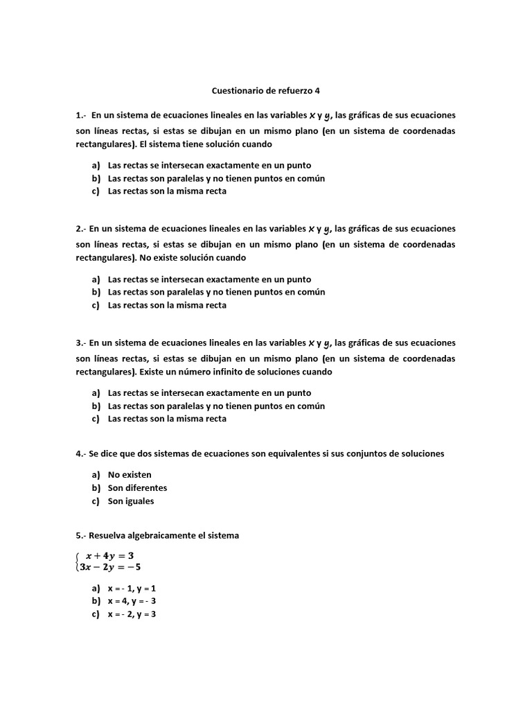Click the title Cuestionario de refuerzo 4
click(x=265, y=90)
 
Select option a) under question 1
click(x=209, y=165)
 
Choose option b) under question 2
click(x=216, y=292)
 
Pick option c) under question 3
click(x=167, y=419)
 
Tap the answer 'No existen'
click(x=130, y=475)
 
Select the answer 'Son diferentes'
click(x=137, y=488)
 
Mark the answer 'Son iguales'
click(x=131, y=501)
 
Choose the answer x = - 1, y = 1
click(x=132, y=588)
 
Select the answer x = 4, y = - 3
click(x=132, y=601)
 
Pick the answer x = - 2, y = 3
click(x=132, y=614)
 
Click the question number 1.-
click(x=82, y=115)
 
